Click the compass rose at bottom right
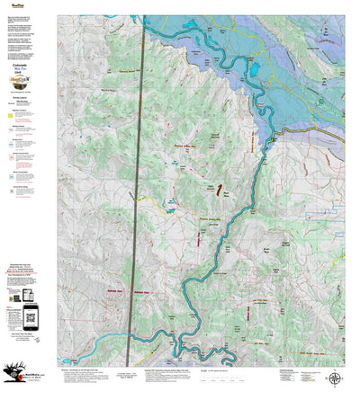coord(335,377)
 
